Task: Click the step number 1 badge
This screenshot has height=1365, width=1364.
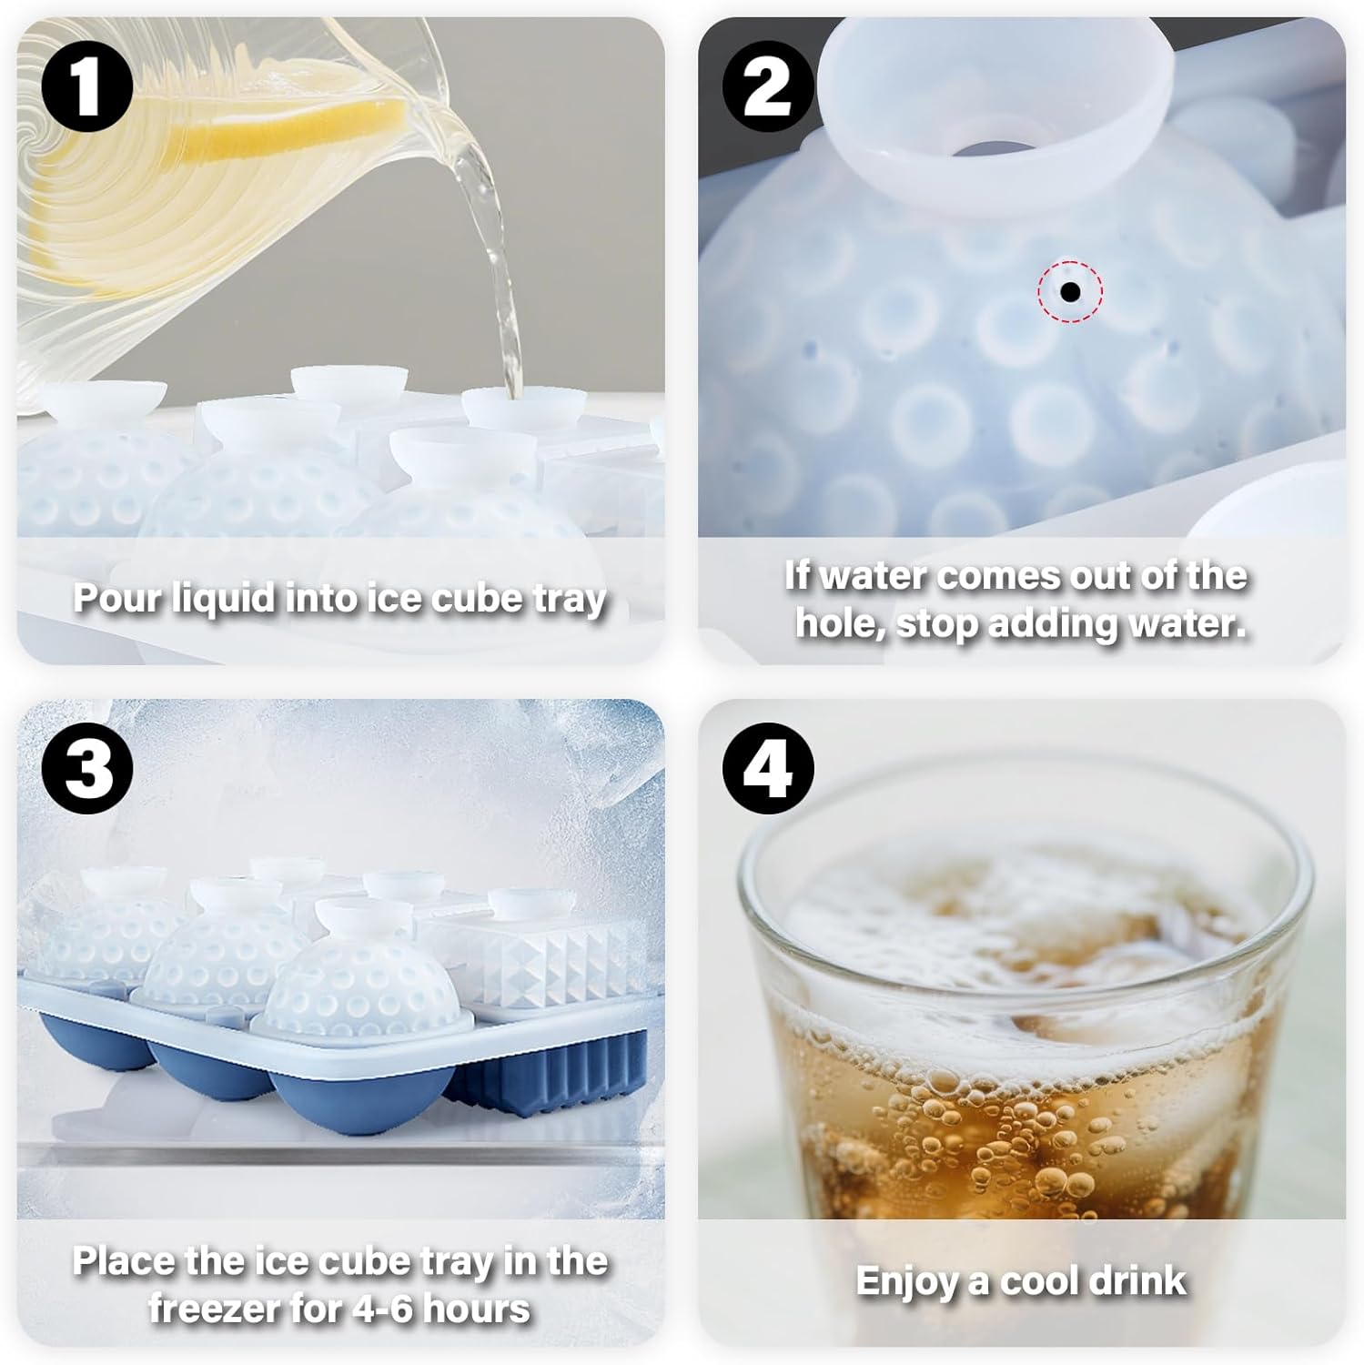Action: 87,86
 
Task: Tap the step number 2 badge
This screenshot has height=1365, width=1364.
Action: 768,86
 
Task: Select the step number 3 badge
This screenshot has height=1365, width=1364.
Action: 87,769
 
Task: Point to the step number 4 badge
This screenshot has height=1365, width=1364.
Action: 768,769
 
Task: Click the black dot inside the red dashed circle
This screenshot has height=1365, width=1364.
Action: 1070,292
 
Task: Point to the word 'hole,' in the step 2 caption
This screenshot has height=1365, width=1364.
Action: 840,625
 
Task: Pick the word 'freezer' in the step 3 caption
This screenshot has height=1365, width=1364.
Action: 210,1309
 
